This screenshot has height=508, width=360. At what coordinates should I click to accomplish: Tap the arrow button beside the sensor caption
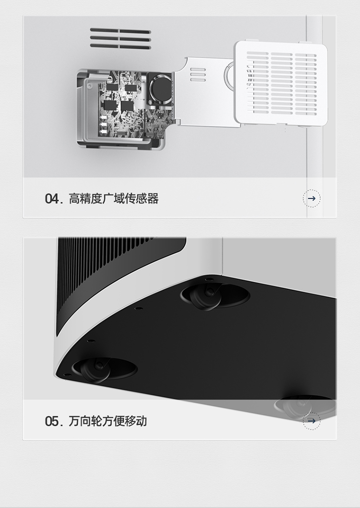pyautogui.click(x=312, y=198)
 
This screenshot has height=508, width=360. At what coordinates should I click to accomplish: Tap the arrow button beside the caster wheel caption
pyautogui.click(x=312, y=421)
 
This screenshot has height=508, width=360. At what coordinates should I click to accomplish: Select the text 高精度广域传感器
pyautogui.click(x=113, y=199)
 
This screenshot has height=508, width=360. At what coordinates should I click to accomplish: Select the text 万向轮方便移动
pyautogui.click(x=108, y=421)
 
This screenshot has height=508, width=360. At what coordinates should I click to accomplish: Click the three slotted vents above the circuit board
pyautogui.click(x=120, y=39)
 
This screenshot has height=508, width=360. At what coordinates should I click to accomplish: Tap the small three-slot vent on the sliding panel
pyautogui.click(x=198, y=74)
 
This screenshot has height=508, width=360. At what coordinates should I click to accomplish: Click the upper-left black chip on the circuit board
pyautogui.click(x=112, y=86)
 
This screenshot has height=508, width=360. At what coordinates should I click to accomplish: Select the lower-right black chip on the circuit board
pyautogui.click(x=127, y=106)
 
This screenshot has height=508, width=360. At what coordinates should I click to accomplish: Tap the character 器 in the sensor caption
pyautogui.click(x=153, y=199)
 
